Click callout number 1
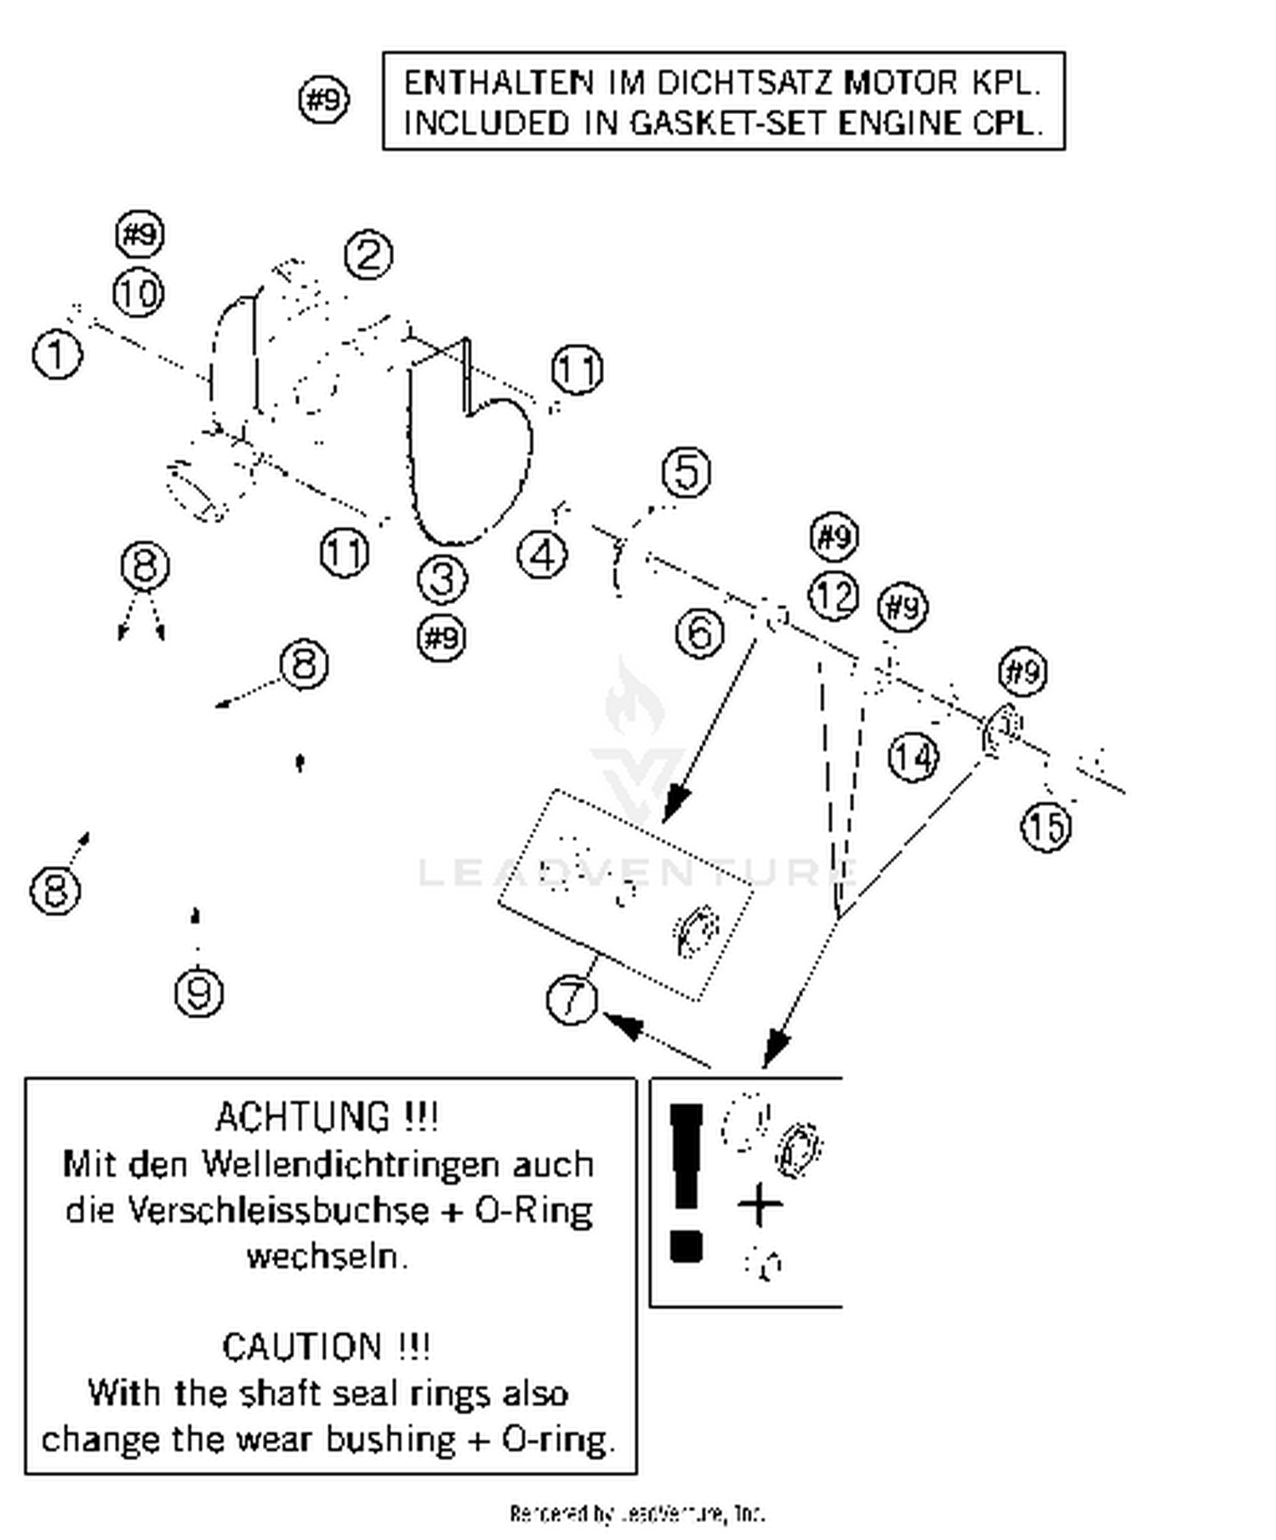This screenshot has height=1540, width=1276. coord(58,354)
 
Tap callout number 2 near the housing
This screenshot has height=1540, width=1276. coord(368,254)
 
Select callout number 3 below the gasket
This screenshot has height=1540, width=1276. coord(442,579)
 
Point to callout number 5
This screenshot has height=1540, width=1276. coord(686,472)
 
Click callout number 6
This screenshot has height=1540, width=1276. coord(700,633)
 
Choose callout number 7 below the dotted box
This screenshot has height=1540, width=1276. coord(572,999)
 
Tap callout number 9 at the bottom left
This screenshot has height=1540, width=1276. coord(199,993)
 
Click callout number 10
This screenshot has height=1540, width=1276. coord(139,294)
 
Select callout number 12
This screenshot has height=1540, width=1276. coord(833,596)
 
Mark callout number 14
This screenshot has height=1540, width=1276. coord(914,756)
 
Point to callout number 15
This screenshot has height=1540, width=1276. coord(1046,825)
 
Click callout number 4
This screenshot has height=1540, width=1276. coord(542,555)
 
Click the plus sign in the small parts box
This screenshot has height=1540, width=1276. coord(760,1206)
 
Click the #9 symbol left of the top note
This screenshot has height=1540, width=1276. coord(324,100)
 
